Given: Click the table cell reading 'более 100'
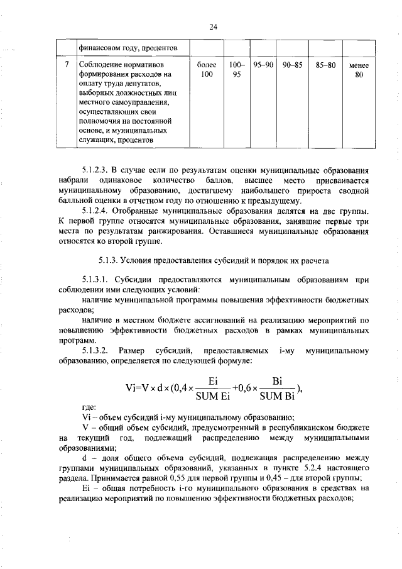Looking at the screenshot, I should [206, 70].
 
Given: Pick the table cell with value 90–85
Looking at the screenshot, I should [293, 65].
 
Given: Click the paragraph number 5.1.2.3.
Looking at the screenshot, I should [96, 169].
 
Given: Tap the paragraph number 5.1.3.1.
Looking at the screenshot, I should [96, 280].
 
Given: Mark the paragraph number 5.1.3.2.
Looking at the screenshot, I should [96, 350].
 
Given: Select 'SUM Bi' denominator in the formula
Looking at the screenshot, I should [277, 396].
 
